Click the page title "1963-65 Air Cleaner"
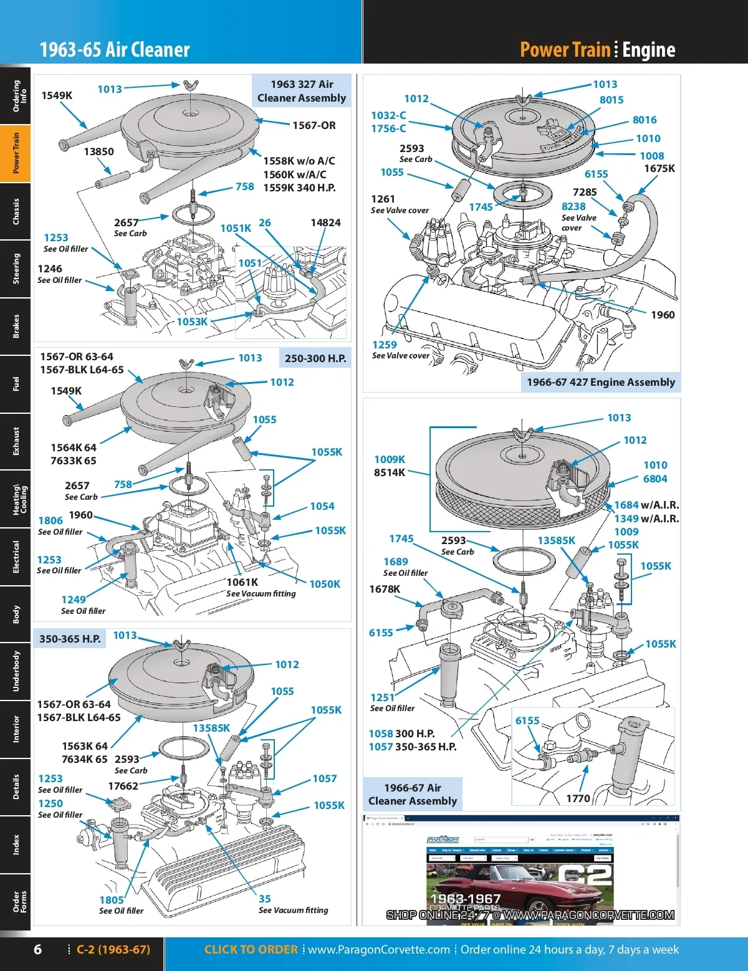click(115, 50)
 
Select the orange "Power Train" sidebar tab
click(16, 153)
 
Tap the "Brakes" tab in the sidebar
click(16, 326)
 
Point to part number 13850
click(98, 151)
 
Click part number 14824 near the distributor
click(325, 222)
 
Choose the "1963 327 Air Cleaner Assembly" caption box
click(302, 91)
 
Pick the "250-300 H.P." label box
click(315, 358)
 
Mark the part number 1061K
click(242, 582)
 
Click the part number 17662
click(123, 786)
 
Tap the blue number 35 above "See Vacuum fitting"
click(265, 899)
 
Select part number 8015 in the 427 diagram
click(611, 100)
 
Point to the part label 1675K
click(659, 168)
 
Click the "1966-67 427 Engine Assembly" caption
click(601, 382)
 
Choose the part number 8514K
click(390, 472)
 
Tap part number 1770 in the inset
click(578, 798)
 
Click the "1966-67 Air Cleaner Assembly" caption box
click(413, 794)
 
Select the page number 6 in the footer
click(37, 949)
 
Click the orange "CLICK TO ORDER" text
click(251, 949)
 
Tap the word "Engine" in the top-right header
click(648, 50)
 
